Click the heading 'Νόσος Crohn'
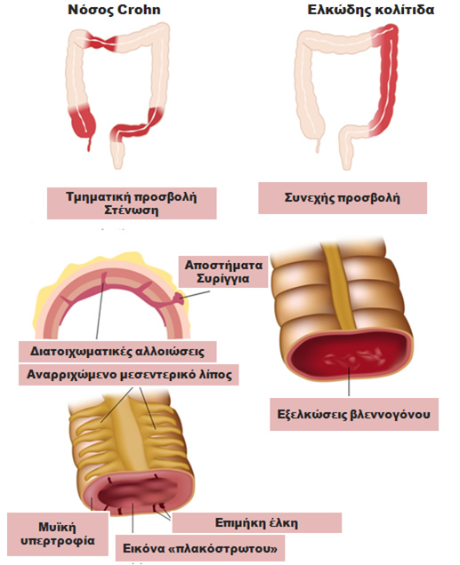point(114,10)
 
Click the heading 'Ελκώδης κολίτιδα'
point(370,10)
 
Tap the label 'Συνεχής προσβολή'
point(342,198)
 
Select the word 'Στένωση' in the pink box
point(132,210)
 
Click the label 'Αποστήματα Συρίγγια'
point(223,272)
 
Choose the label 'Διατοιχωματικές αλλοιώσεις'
point(117,351)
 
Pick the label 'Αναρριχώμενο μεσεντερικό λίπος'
point(129,375)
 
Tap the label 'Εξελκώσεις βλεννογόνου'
point(354,414)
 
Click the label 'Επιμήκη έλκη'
point(256,522)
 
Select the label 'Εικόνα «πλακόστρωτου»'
point(200,548)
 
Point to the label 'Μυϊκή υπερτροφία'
point(58,534)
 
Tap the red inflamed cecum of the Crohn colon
point(83,123)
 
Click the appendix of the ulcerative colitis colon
point(318,145)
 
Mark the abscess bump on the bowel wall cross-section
point(179,298)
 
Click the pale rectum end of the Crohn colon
point(117,155)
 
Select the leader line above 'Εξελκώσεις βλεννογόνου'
point(349,382)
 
